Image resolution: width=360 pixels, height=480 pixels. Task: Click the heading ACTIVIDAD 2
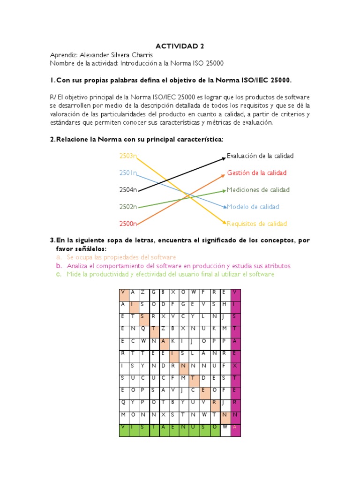tap(180, 46)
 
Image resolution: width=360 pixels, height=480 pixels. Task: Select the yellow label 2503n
tap(128, 156)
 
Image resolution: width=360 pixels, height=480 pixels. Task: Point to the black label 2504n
tap(128, 190)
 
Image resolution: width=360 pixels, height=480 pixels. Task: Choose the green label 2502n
tap(128, 207)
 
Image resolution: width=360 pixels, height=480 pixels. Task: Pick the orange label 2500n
tap(128, 224)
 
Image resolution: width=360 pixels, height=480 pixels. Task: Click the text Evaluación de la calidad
tap(260, 156)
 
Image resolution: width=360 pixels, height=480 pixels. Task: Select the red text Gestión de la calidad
tap(256, 173)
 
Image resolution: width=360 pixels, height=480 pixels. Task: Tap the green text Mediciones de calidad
tap(258, 190)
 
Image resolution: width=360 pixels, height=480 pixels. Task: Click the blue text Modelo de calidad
tap(253, 207)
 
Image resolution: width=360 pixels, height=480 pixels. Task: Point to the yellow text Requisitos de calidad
tap(257, 224)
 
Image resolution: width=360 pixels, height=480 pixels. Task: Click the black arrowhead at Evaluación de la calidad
tap(224, 158)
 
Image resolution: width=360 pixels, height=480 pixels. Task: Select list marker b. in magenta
tap(59, 266)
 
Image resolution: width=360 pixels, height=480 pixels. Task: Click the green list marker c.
tap(59, 274)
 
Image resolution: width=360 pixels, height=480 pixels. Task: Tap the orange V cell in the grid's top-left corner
tap(123, 292)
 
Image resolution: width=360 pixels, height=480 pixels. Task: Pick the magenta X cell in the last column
tap(235, 365)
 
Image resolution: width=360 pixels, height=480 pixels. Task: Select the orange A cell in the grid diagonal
tap(164, 341)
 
